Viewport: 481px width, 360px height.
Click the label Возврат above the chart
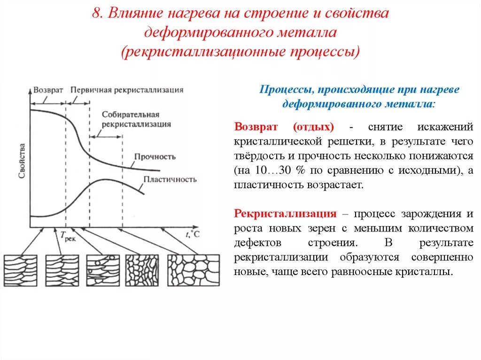pos(47,89)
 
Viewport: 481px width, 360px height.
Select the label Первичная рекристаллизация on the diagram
pos(127,89)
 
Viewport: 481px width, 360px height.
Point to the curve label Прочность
pos(155,157)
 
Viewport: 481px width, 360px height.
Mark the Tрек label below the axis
pos(68,237)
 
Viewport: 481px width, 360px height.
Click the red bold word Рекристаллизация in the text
pos(286,214)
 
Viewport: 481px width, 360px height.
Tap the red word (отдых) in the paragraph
pos(313,128)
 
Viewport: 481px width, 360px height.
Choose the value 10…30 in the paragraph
pos(279,170)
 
